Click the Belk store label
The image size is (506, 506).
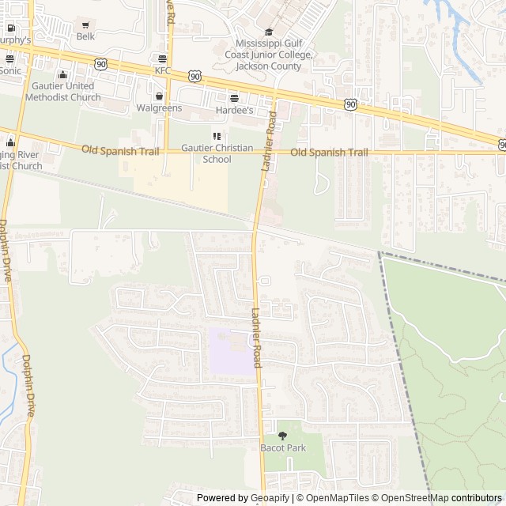tap(85, 36)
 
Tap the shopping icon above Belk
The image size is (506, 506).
tap(85, 25)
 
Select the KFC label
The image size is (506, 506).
tap(162, 70)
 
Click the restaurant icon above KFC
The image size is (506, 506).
tap(162, 59)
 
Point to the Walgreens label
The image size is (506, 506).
tap(159, 108)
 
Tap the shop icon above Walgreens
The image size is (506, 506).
tap(159, 96)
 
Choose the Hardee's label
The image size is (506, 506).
tap(234, 110)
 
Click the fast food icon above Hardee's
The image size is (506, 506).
tap(234, 98)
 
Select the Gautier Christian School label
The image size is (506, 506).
tap(217, 153)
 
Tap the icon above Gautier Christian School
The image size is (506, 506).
tap(217, 136)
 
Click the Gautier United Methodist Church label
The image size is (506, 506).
tap(63, 92)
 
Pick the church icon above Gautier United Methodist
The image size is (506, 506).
tap(62, 74)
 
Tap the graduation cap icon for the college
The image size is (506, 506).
tap(268, 32)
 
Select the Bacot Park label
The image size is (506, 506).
tap(282, 447)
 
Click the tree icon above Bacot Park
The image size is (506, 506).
tap(282, 436)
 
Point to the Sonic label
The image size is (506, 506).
tap(10, 70)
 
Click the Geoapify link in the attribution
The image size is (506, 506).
tap(270, 498)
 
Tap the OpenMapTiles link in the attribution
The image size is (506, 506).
tap(337, 498)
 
